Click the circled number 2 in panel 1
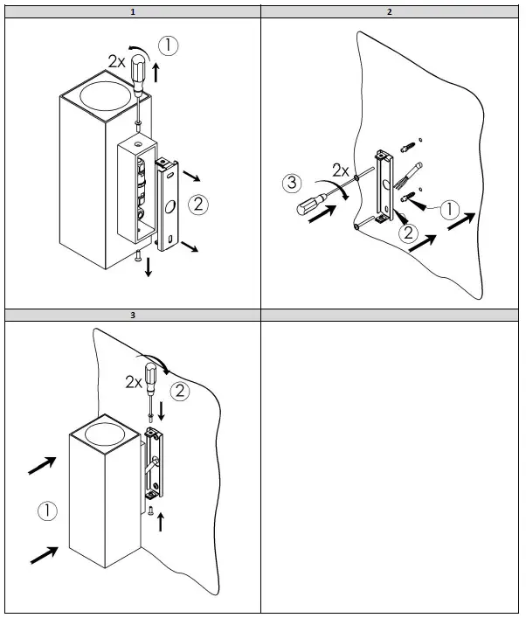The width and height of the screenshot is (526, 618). pos(199,205)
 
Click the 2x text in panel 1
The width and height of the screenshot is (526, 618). pos(117,60)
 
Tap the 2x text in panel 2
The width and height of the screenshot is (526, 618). pos(341,168)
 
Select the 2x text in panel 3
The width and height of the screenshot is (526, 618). pos(134,382)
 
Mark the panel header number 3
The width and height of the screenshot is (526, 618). pos(132,314)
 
